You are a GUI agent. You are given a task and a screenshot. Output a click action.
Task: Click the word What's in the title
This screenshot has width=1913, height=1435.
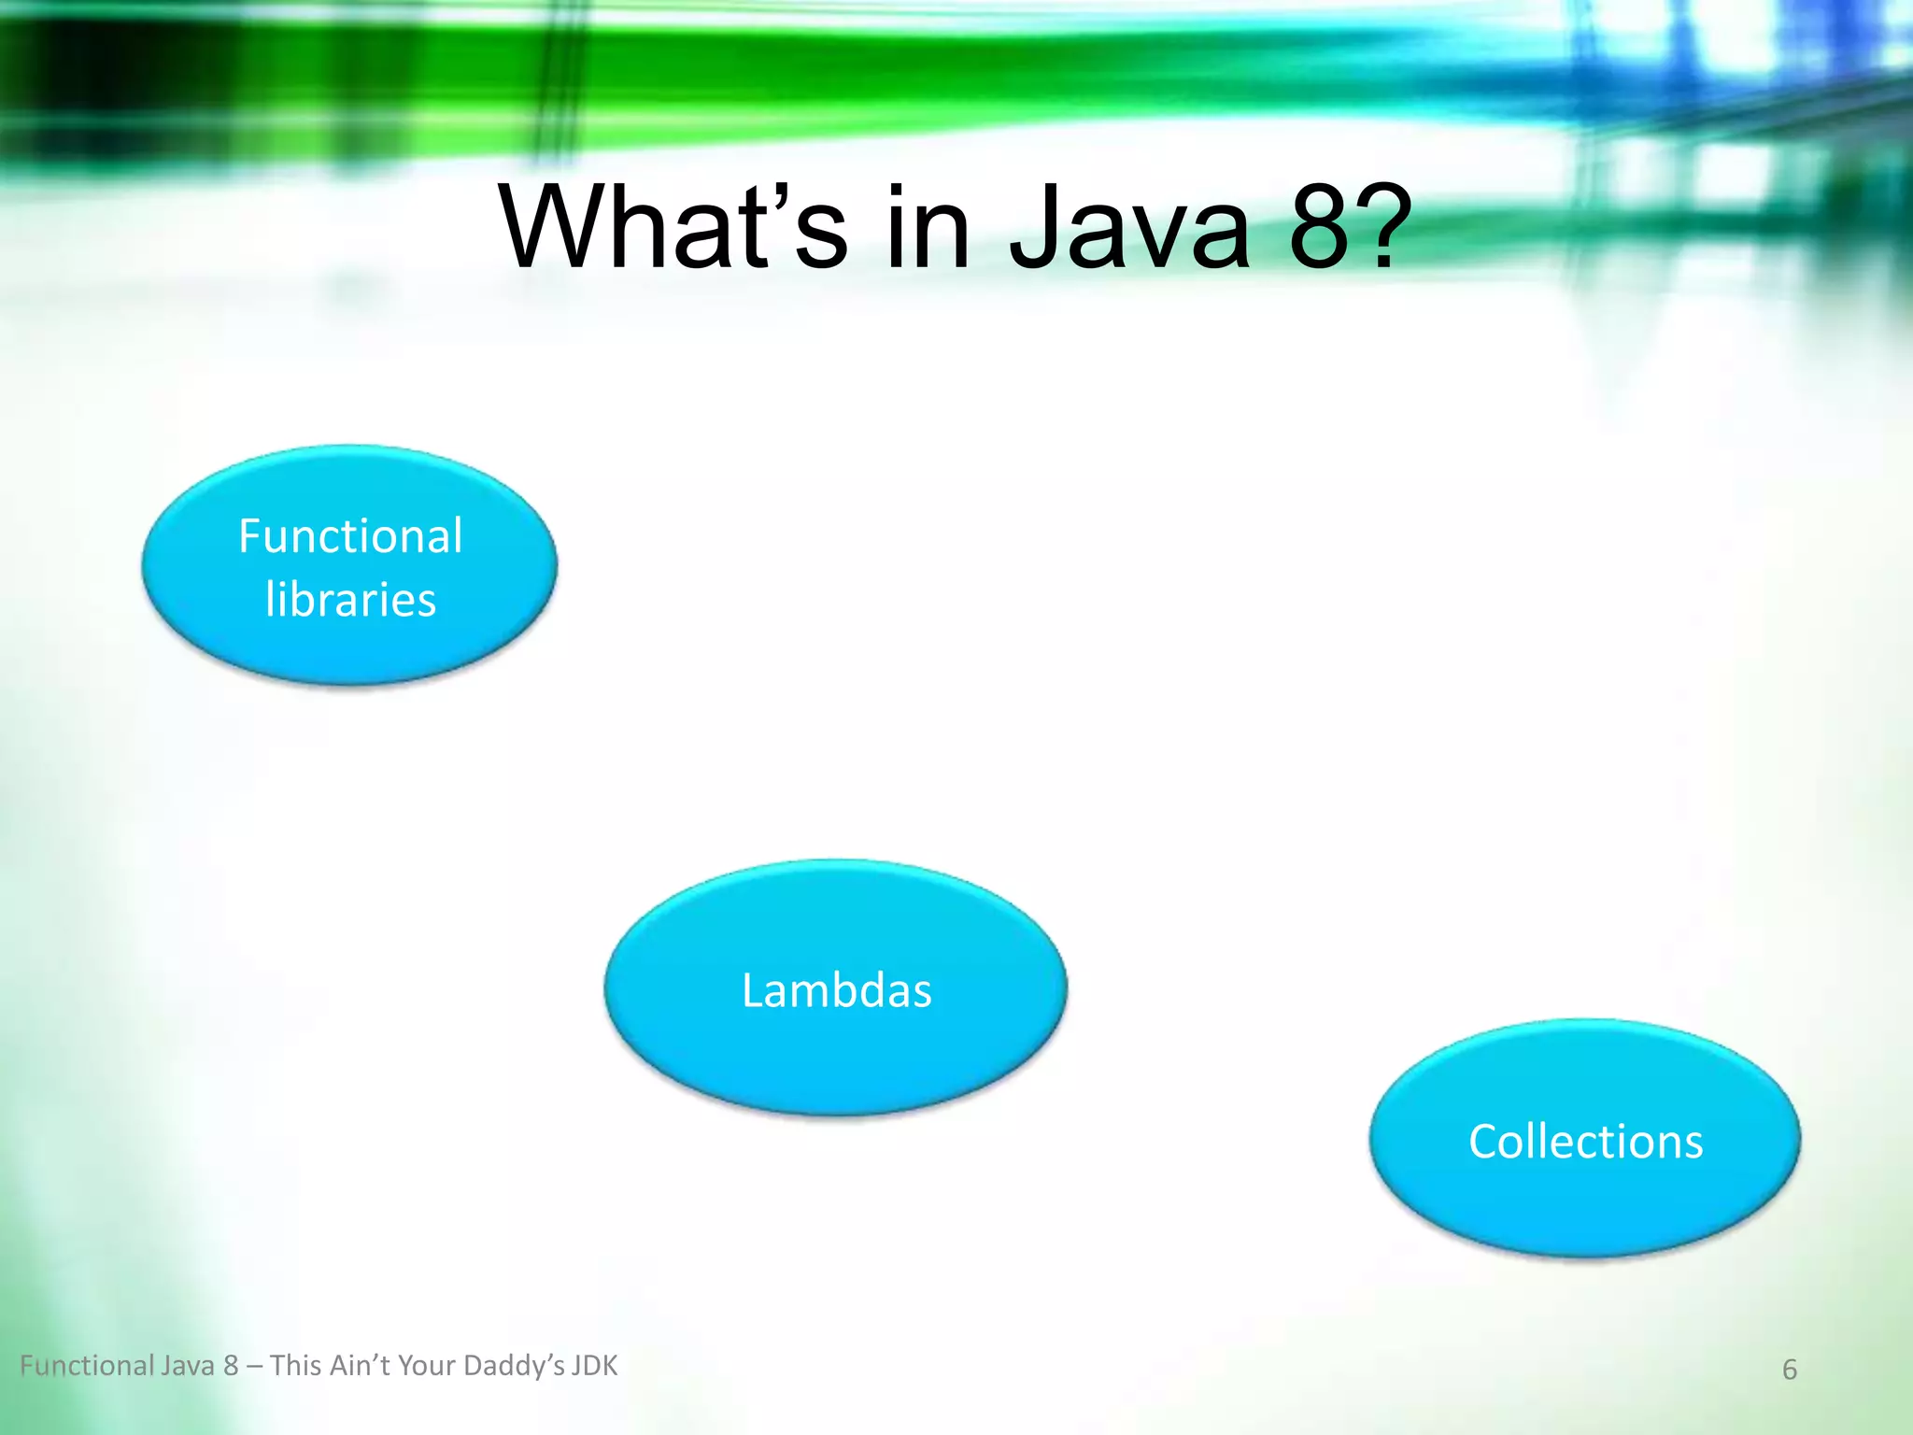(673, 227)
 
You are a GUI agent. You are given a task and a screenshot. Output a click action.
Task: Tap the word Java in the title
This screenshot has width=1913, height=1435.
(1129, 227)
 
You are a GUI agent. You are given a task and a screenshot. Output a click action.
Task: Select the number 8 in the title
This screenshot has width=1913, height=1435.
(1319, 227)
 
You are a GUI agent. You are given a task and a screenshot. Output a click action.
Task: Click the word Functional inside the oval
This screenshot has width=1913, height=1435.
(350, 536)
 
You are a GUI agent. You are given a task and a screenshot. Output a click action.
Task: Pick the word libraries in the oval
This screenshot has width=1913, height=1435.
(350, 600)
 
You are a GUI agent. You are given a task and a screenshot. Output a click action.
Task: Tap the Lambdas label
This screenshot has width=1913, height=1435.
(836, 990)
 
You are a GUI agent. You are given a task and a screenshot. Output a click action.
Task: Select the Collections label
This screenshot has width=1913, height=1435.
(1585, 1142)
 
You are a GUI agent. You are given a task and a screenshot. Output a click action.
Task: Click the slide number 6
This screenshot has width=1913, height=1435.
(1789, 1370)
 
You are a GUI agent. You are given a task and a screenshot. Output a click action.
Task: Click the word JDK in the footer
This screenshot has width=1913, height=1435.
(594, 1366)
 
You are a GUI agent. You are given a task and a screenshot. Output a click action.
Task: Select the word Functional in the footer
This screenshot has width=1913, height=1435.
(87, 1366)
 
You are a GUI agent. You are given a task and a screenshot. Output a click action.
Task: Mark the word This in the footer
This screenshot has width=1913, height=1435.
(295, 1366)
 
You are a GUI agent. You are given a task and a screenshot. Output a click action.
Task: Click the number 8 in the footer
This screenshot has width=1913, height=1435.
(231, 1366)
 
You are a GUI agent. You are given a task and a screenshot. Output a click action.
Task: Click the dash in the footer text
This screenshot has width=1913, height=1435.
(254, 1367)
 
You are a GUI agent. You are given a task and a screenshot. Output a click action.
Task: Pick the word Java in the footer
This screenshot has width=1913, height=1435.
(188, 1366)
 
